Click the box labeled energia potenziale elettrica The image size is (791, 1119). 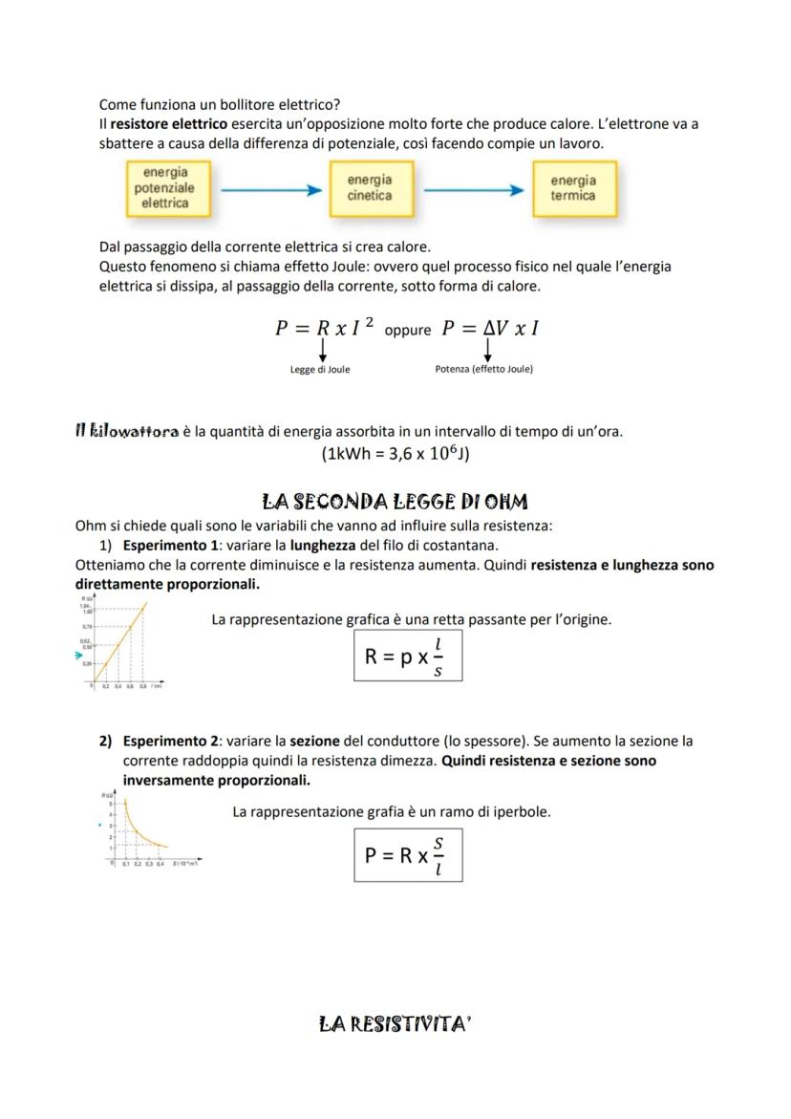pos(164,188)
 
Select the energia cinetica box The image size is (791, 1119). pos(369,188)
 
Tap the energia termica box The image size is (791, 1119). pos(573,188)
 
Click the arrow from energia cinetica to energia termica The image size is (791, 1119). pos(473,189)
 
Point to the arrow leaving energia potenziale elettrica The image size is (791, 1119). pos(270,189)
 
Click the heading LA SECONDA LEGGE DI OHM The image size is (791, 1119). pos(395,502)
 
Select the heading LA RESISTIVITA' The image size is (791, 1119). pos(395,1024)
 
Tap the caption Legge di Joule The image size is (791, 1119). pos(320,370)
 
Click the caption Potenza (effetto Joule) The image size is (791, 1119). pos(483,369)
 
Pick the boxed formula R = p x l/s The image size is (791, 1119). pos(407,656)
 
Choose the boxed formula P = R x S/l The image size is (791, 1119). pos(407,854)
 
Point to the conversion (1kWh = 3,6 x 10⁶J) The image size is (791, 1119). pos(395,453)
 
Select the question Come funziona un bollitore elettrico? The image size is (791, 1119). pos(220,104)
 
